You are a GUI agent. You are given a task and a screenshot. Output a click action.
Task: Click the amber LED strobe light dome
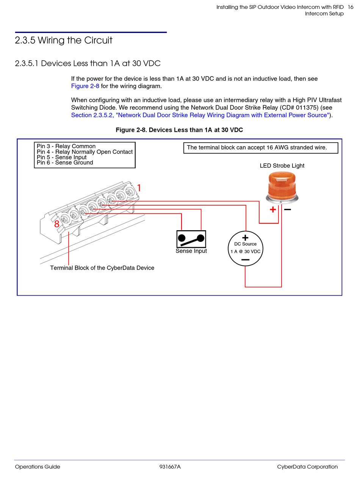(x=282, y=185)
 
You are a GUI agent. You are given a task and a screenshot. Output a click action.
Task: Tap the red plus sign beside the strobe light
(x=273, y=209)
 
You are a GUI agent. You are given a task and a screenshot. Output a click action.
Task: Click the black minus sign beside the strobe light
(x=288, y=209)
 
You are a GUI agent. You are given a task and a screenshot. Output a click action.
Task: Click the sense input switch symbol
(x=191, y=238)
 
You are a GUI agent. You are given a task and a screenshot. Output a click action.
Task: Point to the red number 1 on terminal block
(x=139, y=188)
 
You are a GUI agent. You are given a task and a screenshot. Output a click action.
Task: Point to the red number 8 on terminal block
(x=56, y=224)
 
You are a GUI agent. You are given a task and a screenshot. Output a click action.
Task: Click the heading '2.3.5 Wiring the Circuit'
(x=64, y=40)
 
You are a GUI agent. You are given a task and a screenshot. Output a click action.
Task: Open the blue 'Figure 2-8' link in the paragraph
(x=85, y=86)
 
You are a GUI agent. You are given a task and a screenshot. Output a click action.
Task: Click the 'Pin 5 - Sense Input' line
(x=61, y=157)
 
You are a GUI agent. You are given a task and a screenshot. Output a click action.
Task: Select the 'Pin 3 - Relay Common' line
(x=66, y=146)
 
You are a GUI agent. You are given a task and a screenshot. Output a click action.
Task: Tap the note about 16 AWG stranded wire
(x=257, y=147)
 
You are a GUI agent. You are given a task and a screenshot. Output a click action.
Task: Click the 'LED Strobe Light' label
(x=282, y=165)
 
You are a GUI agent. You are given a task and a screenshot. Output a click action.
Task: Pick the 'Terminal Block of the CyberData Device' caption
(x=102, y=268)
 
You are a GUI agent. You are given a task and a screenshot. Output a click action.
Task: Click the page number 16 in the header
(x=350, y=7)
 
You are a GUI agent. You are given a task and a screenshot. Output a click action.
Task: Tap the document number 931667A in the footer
(x=170, y=466)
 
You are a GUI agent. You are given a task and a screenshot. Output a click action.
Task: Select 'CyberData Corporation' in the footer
(x=307, y=466)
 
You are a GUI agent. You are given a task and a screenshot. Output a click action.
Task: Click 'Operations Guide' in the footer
(x=38, y=466)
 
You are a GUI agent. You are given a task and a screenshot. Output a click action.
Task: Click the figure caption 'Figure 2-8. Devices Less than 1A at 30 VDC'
(x=179, y=130)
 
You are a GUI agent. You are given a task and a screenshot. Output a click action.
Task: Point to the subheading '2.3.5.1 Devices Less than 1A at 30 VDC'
(x=88, y=63)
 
